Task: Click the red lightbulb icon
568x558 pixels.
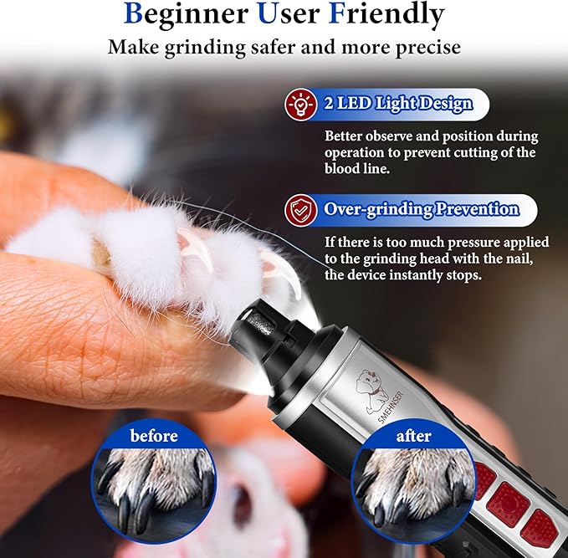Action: [299, 105]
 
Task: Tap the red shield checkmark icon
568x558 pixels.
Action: [299, 210]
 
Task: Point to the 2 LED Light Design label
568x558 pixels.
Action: [398, 105]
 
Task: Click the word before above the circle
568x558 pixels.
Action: [154, 436]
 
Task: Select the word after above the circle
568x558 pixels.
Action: [413, 436]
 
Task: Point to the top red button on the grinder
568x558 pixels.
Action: [484, 477]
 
